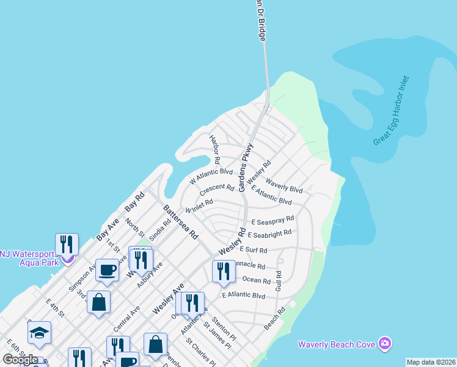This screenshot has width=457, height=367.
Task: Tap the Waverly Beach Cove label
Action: tap(336, 344)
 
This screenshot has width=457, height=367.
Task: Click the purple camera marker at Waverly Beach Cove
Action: tap(384, 343)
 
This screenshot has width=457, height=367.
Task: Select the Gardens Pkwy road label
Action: tap(246, 168)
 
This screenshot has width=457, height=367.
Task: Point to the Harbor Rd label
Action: tap(215, 149)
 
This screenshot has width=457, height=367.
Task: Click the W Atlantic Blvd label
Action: tap(211, 176)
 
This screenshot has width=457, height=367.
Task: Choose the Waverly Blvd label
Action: tap(284, 188)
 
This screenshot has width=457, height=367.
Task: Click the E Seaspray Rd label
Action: tap(272, 220)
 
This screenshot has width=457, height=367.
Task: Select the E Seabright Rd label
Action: tap(269, 234)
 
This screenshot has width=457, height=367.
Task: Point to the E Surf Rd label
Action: tap(254, 250)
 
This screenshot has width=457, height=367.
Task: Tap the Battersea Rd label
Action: tap(180, 221)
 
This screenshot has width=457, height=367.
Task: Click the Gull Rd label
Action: tap(279, 281)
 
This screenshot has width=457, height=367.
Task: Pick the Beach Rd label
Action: tap(275, 319)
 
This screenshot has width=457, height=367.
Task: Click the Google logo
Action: tap(20, 360)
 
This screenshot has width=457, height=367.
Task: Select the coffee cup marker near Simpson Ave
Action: tap(108, 270)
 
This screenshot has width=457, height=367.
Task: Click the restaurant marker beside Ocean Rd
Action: tap(224, 270)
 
